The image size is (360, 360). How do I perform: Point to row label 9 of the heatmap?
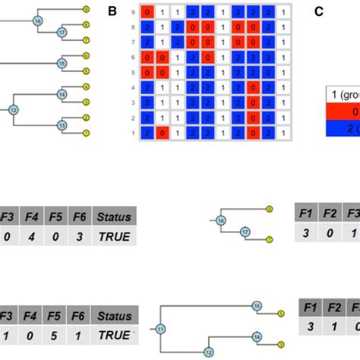click(x=134, y=13)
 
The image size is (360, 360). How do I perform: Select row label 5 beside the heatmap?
click(x=134, y=73)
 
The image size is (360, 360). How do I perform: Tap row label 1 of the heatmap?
click(x=134, y=132)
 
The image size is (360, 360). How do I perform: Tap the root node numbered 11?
click(x=160, y=329)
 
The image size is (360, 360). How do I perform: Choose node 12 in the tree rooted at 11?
click(x=209, y=351)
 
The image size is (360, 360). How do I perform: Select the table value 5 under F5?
click(x=55, y=333)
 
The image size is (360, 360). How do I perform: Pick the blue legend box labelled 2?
click(x=342, y=127)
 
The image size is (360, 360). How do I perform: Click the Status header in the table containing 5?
click(x=112, y=314)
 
